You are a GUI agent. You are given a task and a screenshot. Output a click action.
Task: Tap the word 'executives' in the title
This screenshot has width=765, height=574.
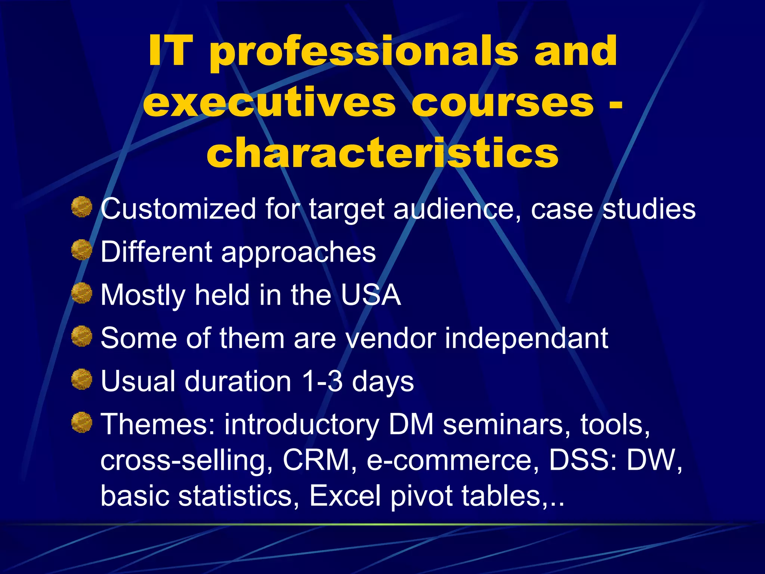coord(269,103)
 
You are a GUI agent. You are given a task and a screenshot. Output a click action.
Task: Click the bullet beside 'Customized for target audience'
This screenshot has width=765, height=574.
coord(82,207)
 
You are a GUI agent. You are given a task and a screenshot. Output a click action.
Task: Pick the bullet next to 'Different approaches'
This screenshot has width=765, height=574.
coord(82,250)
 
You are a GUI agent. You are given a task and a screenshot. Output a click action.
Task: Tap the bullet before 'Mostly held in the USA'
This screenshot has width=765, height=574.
coord(82,293)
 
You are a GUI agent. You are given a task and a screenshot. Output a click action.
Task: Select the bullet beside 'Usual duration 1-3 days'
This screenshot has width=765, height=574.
coord(82,379)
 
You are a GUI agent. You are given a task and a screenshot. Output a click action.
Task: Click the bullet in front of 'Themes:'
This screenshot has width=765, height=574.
coord(82,422)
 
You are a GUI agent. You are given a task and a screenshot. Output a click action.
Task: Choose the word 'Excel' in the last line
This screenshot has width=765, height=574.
coord(346,496)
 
